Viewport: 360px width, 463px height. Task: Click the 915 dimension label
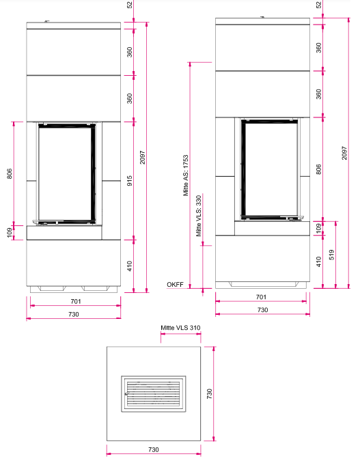130,181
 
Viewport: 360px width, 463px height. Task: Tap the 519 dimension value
331,255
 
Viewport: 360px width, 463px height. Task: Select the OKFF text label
175,284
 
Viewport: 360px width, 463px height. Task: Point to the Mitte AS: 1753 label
185,176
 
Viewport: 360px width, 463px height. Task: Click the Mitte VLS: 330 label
199,216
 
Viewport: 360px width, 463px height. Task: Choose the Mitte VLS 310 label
180,328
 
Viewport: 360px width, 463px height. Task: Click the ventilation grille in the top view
154,393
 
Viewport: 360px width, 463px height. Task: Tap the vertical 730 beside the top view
209,394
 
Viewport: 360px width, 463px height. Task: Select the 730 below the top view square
154,449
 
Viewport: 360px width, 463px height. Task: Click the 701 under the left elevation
76,301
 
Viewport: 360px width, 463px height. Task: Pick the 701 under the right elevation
262,297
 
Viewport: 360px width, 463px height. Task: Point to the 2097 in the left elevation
143,157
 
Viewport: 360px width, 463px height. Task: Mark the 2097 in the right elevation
344,153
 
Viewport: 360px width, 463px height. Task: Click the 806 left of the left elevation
10,173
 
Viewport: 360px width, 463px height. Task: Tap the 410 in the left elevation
130,266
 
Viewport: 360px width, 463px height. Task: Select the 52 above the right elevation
318,5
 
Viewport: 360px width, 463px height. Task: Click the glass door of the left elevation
67,173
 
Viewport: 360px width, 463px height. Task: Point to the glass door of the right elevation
269,169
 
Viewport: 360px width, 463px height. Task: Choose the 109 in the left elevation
10,232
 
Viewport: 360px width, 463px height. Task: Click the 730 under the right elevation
262,310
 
